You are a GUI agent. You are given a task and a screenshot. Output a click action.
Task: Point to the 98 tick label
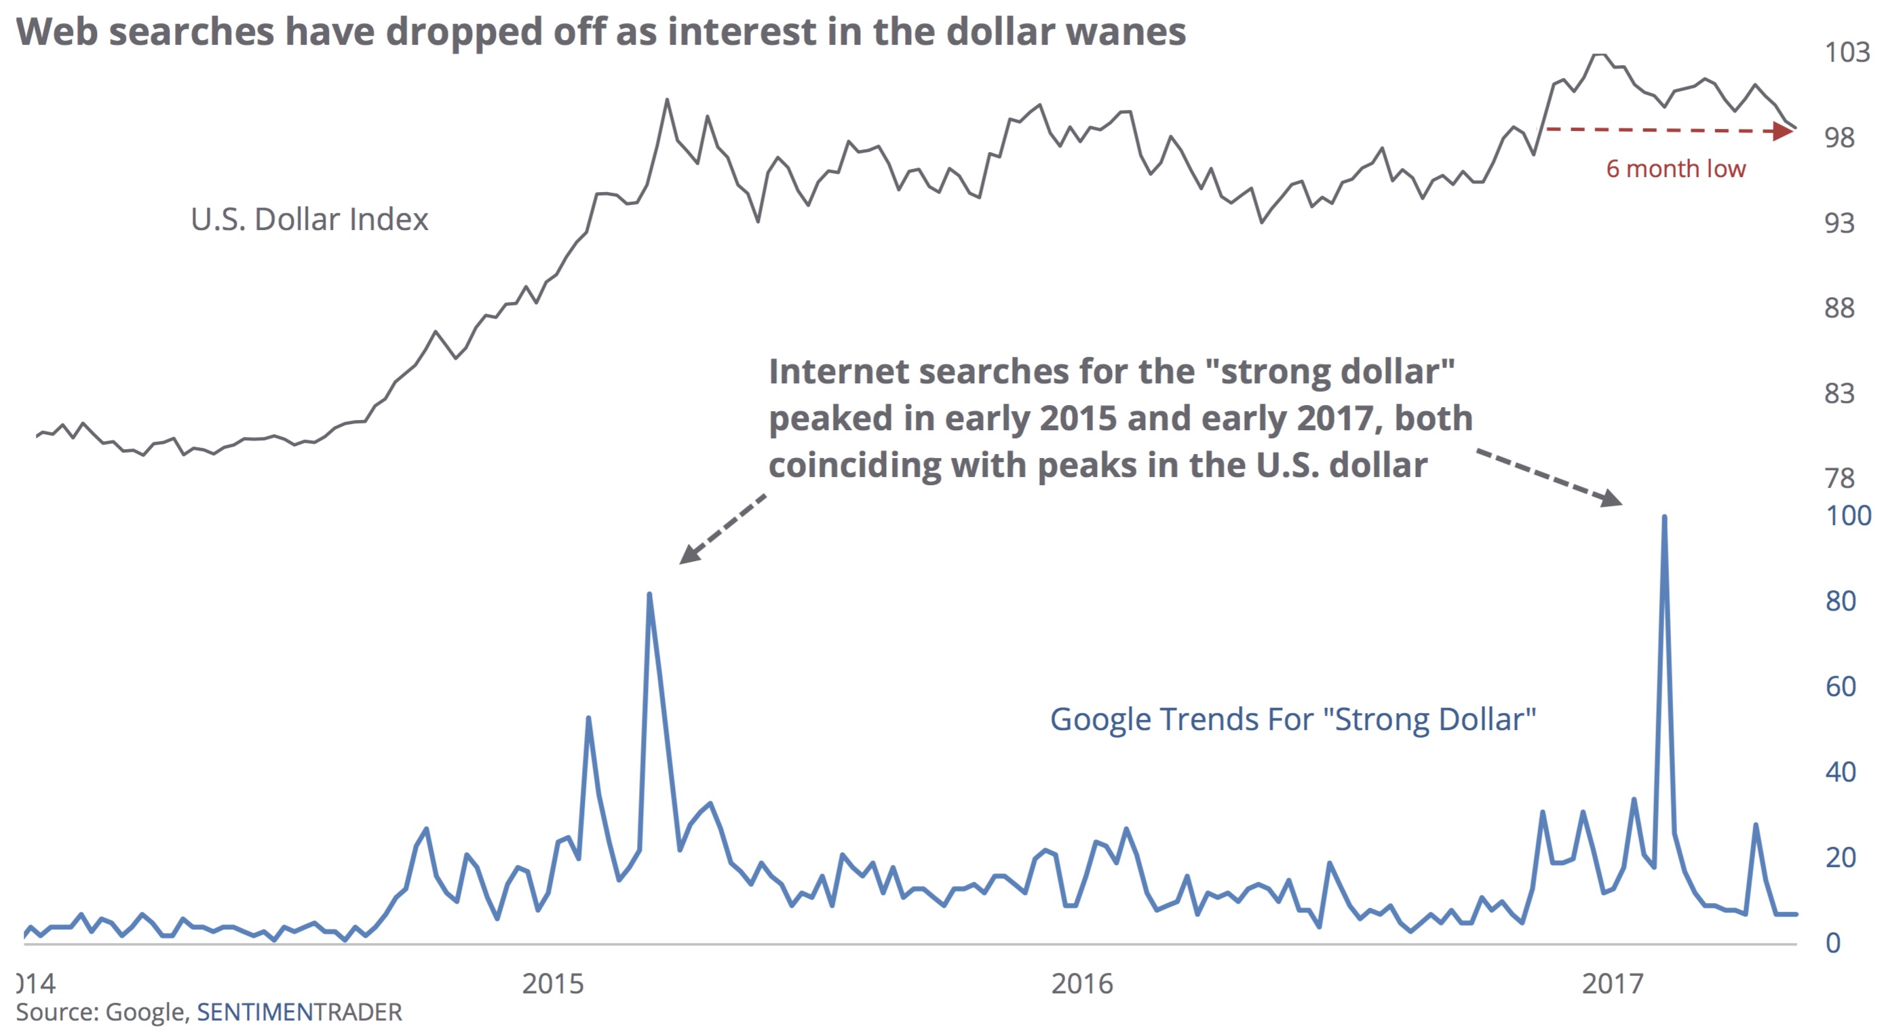(1839, 137)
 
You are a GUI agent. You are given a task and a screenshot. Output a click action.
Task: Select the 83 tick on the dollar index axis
(1839, 393)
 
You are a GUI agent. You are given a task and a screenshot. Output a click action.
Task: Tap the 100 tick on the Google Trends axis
(1847, 516)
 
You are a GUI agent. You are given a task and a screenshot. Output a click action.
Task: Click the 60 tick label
(1841, 687)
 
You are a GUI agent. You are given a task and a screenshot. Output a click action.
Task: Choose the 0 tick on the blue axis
(1833, 942)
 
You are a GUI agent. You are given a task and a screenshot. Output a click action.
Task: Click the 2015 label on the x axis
(552, 984)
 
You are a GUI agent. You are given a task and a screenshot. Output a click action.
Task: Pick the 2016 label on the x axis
(1082, 984)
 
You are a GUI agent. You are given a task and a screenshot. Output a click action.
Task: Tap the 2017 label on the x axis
(1613, 984)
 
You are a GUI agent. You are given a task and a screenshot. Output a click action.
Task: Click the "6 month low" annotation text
(1675, 169)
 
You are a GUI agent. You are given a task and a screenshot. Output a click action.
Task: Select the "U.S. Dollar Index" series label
(309, 219)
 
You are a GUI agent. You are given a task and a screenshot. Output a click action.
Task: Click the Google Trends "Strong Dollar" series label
(1292, 719)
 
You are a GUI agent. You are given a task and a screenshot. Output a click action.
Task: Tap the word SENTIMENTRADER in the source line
(300, 1012)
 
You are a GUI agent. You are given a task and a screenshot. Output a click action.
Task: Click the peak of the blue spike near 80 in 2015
(649, 594)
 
